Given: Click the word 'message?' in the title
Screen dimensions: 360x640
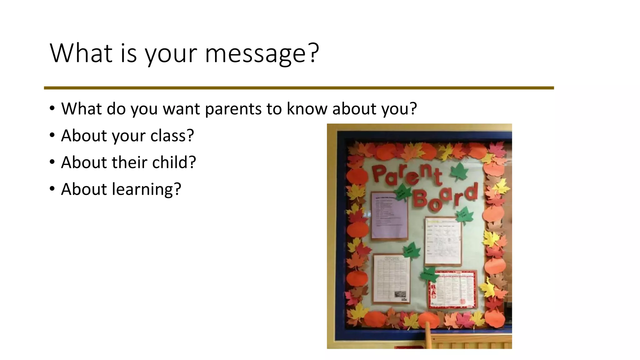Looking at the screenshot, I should [x=262, y=53].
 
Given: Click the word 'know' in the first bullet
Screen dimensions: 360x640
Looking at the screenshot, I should [x=307, y=109].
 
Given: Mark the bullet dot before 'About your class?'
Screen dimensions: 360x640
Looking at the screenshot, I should [x=52, y=135].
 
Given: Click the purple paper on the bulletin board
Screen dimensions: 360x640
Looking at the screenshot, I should [x=389, y=216].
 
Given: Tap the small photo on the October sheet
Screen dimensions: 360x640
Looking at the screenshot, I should [x=400, y=294].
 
